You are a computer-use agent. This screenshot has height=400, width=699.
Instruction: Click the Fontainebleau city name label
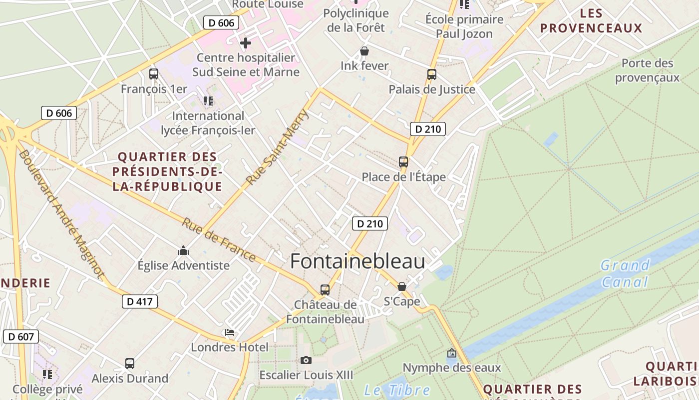point(357,261)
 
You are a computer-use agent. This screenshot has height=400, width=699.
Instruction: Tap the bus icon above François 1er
point(154,74)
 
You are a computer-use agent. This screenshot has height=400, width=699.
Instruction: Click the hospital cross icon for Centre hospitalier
point(245,43)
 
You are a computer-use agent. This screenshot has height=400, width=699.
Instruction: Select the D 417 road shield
point(140,301)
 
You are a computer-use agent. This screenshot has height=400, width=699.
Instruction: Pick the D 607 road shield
point(21,336)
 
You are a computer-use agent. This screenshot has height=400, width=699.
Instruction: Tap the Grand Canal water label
point(625,273)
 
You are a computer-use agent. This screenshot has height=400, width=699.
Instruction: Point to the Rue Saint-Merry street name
point(278,147)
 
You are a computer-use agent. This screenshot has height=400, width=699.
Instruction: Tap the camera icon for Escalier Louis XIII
point(306,360)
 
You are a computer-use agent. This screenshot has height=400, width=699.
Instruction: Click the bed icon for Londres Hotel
point(230,332)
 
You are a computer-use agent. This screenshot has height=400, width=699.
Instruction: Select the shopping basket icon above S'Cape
point(402,286)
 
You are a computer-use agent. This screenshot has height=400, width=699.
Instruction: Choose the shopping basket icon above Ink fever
point(364,51)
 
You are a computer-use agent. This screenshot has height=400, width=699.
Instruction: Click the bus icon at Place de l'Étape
point(403,162)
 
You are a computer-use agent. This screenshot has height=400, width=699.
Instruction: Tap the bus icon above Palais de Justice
point(432,74)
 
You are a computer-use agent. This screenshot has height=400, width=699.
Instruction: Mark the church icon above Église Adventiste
point(183,250)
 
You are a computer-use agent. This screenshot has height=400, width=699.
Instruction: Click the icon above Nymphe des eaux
point(452,353)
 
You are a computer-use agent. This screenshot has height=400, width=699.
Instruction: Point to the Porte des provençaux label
point(647,70)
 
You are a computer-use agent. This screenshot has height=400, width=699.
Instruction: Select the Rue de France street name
point(219,239)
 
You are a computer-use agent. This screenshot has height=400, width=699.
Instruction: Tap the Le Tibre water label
point(397,390)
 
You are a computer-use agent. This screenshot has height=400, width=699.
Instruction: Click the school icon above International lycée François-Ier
point(208,101)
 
